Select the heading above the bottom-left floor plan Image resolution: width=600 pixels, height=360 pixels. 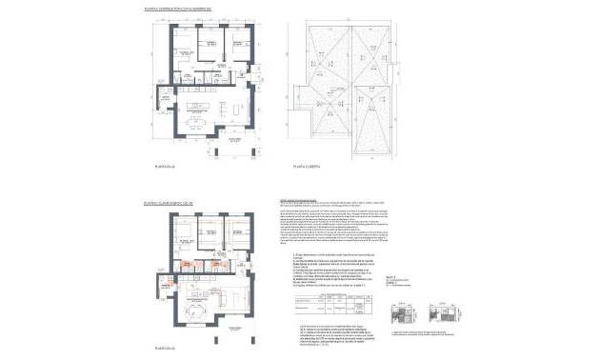[169, 203]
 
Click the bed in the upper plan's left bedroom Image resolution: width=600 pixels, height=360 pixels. [183, 45]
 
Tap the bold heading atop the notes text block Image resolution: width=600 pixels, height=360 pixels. [306, 201]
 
